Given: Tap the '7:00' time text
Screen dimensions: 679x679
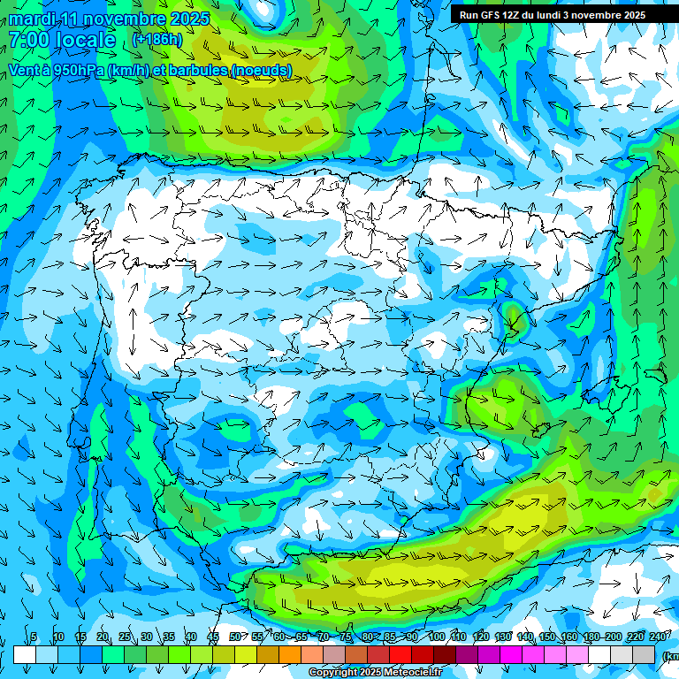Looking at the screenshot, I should pos(29,40).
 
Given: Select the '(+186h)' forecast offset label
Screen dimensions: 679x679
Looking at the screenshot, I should pos(156,40).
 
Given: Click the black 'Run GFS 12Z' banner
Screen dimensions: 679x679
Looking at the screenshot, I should pos(552,14).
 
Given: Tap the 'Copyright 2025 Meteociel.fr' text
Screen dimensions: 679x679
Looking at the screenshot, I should pos(375,673).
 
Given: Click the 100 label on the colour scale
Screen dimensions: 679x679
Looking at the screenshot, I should pos(436,637).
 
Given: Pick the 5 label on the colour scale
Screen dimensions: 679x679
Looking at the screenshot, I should pos(34,637).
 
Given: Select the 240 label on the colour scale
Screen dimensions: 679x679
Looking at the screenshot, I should pos(658,637).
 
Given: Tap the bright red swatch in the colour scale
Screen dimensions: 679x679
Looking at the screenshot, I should pos(401,654).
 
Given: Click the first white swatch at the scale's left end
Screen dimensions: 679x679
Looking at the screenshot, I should pos(25,654).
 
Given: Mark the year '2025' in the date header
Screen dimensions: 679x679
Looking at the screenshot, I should pos(189,19).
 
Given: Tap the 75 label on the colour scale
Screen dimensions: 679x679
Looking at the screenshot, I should pos(346,637).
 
